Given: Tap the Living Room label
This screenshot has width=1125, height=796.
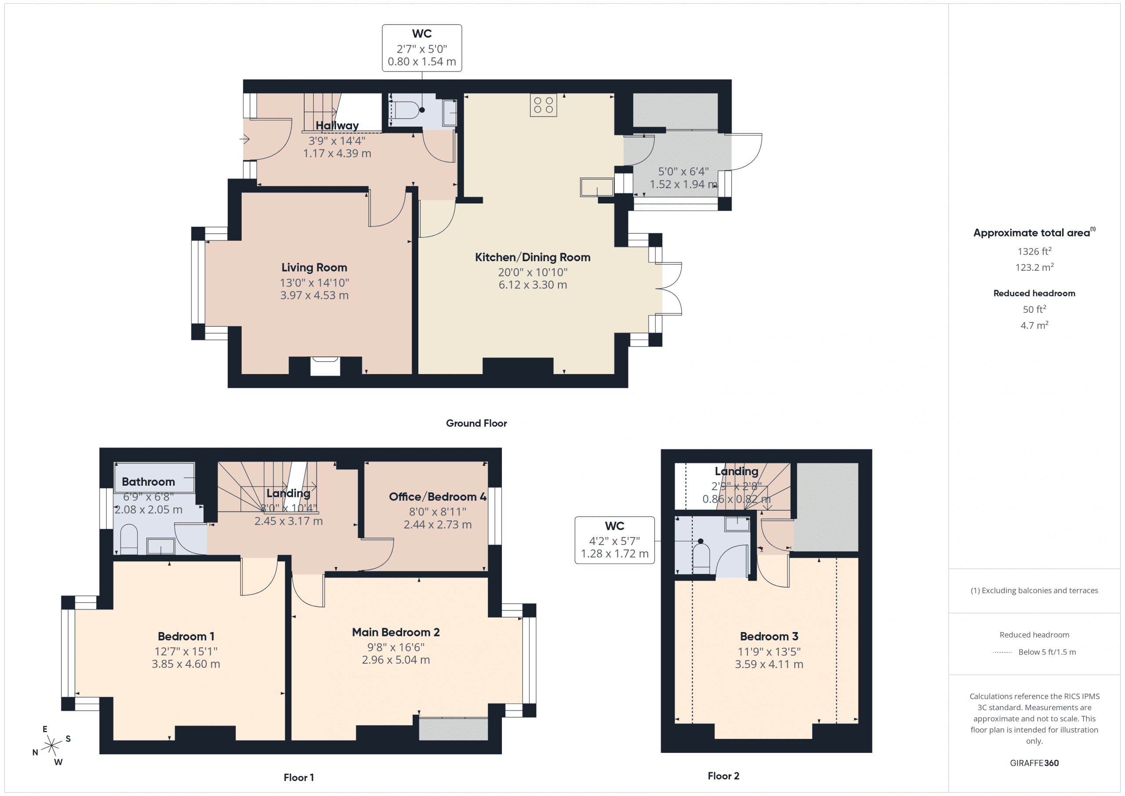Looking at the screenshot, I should (x=314, y=268).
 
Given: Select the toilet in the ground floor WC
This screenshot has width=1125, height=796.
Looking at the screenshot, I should (x=406, y=110).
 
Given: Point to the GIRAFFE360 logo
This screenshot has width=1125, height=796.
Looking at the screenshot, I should (x=1034, y=763).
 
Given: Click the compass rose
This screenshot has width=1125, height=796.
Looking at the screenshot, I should (x=51, y=745).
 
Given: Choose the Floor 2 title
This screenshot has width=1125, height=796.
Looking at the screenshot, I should (x=723, y=775).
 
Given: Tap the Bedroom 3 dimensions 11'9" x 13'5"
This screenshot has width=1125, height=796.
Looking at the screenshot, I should (x=769, y=651).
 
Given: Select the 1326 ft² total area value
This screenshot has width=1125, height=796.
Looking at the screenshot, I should (x=1034, y=251).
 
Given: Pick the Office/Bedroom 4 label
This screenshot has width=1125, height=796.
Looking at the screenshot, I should (x=437, y=497).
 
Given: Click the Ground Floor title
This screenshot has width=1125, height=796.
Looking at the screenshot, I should (x=476, y=423).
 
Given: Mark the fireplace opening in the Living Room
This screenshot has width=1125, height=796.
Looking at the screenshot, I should (x=325, y=367).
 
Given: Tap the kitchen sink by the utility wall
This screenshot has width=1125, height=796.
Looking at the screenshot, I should (x=596, y=187).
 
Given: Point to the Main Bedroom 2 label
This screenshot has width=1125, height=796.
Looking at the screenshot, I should (x=396, y=632).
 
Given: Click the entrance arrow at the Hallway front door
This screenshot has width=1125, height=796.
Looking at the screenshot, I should (x=245, y=139).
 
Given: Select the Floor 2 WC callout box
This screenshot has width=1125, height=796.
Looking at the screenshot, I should (x=614, y=540).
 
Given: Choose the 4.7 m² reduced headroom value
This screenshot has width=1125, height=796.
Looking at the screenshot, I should (x=1034, y=325).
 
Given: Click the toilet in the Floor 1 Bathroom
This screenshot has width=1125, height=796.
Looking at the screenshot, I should (x=129, y=539).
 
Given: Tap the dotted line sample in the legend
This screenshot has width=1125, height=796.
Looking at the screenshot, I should (x=1002, y=652).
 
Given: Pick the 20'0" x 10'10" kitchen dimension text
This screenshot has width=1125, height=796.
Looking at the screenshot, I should (x=533, y=272).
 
